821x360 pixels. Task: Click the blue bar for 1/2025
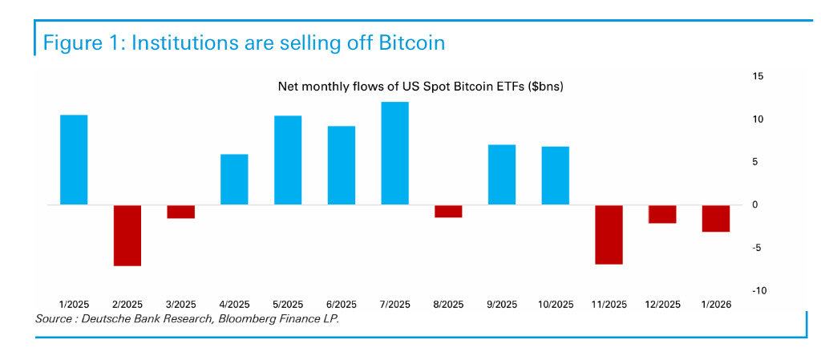click(74, 160)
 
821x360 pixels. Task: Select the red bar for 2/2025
click(127, 235)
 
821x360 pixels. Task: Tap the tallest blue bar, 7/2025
click(395, 153)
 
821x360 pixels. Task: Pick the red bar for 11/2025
click(609, 234)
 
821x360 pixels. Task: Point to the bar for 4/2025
click(234, 180)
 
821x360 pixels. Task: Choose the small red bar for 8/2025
click(448, 211)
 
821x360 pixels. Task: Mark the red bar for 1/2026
click(716, 218)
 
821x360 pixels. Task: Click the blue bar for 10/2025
click(556, 176)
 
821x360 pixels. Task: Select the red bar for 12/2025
click(662, 214)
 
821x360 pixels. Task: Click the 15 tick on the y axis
click(758, 76)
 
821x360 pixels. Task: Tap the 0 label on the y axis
click(754, 205)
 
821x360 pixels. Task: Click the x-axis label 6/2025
click(341, 305)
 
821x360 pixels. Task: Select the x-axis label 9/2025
click(502, 305)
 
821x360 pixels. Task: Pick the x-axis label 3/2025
click(180, 305)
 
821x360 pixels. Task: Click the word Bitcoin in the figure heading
click(407, 42)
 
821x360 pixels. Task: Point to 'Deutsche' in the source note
click(112, 319)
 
